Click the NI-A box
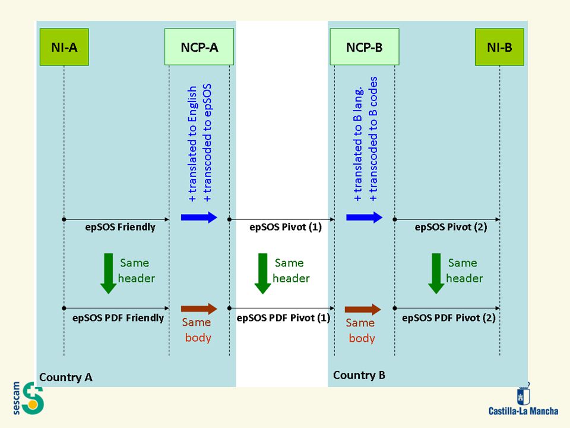point(64,47)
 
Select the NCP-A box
point(199,47)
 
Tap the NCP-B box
point(365,47)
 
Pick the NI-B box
point(499,47)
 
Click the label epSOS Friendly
point(121,227)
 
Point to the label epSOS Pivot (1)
point(286,227)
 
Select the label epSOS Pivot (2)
point(451,227)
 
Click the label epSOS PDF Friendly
point(118,317)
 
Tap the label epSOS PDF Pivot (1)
point(284,317)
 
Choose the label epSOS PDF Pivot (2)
point(449,317)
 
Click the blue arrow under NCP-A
point(199,218)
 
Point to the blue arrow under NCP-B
point(364,218)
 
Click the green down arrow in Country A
point(108,273)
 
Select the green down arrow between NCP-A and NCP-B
point(263,273)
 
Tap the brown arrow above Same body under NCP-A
point(199,309)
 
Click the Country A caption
point(66,377)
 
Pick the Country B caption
point(359,375)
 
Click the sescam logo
point(28,398)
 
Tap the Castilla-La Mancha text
point(524,411)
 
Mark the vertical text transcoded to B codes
point(373,139)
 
